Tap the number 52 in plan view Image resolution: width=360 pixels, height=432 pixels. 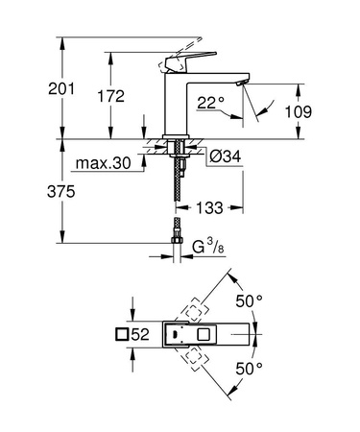139,334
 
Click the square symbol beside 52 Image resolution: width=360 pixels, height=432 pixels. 121,334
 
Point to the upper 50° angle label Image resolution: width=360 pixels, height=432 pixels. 251,300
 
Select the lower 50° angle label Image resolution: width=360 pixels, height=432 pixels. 251,368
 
